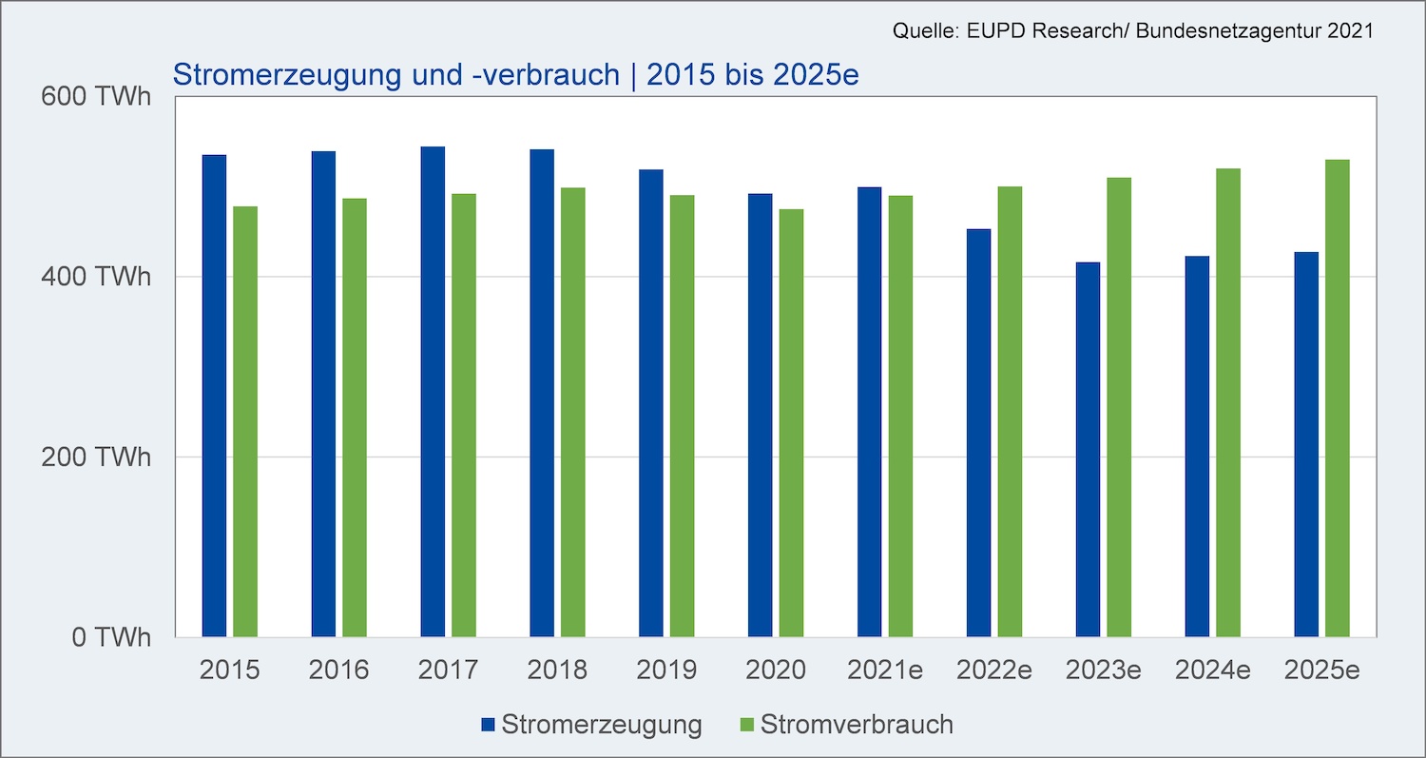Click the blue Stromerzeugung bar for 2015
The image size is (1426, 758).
(x=214, y=396)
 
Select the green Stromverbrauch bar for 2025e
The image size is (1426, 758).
(x=1337, y=398)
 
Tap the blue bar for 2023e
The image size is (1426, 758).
(x=1088, y=450)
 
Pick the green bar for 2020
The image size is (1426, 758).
(x=791, y=423)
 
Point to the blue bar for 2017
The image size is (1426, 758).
(x=433, y=392)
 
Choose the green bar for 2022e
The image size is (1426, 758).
(x=1010, y=412)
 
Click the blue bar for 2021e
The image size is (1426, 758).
(x=869, y=412)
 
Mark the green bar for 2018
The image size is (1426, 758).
(x=573, y=412)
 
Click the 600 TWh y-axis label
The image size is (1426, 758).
(x=95, y=96)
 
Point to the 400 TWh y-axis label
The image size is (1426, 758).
(x=95, y=277)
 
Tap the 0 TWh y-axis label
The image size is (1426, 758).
(x=111, y=637)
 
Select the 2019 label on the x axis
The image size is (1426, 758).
(x=666, y=671)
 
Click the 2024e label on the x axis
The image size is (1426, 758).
(x=1212, y=671)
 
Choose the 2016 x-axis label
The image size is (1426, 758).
(x=338, y=671)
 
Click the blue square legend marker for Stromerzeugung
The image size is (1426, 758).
(x=489, y=725)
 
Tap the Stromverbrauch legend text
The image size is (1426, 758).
(x=857, y=725)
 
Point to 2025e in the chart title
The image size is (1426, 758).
(x=816, y=74)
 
